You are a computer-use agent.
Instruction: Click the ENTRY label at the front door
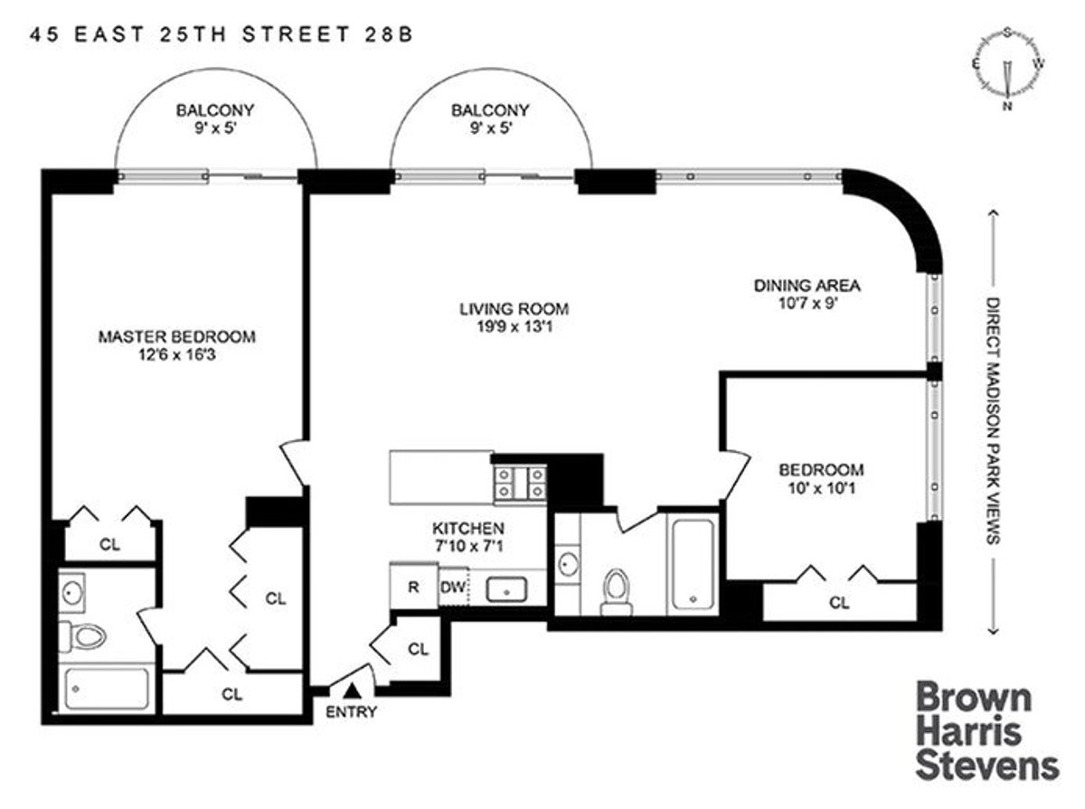[x=351, y=711]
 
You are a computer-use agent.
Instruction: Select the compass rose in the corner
[x=1006, y=70]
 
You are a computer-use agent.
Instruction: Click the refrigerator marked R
[x=413, y=586]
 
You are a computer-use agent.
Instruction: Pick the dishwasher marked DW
[x=452, y=586]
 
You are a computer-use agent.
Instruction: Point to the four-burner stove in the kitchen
[x=520, y=483]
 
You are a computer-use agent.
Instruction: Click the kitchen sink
[x=508, y=589]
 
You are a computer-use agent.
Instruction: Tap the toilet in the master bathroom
[x=85, y=636]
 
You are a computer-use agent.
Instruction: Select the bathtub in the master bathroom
[x=105, y=690]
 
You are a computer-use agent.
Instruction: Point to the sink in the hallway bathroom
[x=568, y=564]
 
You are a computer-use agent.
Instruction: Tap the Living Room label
[x=513, y=308]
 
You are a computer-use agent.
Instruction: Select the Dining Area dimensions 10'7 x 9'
[x=807, y=305]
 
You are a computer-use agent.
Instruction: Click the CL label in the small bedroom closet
[x=839, y=603]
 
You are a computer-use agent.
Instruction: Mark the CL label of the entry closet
[x=418, y=648]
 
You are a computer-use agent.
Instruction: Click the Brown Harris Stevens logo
[x=986, y=732]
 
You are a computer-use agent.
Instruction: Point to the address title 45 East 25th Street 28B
[x=222, y=35]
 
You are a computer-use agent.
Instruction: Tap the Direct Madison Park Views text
[x=992, y=420]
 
